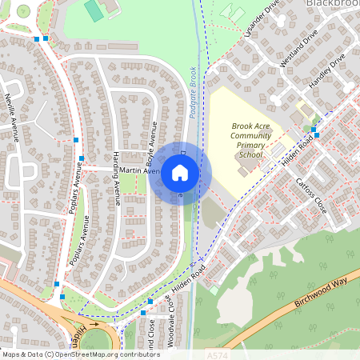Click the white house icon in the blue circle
coord(180,172)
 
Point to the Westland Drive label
coord(298,49)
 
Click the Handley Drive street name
coord(327,70)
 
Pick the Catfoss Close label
coord(306,190)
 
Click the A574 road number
coord(216,354)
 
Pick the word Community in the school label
coord(251,135)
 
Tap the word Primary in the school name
coord(251,145)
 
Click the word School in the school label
coord(251,154)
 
